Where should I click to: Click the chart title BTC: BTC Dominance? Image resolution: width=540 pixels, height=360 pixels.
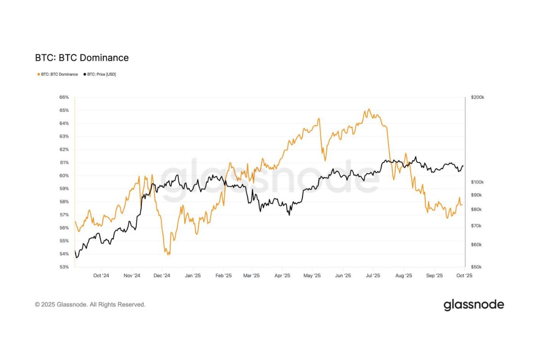[82, 58]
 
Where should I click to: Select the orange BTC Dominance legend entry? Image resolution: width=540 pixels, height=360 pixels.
[57, 74]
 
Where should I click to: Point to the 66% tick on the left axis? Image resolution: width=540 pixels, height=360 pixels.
[64, 97]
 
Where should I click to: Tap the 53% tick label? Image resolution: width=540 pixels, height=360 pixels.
[64, 267]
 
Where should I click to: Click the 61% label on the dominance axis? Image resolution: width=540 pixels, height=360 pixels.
[64, 162]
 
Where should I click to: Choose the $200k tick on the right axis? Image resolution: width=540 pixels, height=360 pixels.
[477, 97]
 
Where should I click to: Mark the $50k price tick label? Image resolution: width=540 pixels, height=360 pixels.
[476, 267]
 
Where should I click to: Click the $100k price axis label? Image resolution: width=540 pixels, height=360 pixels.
[477, 182]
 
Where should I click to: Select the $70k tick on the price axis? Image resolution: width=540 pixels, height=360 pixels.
[476, 225]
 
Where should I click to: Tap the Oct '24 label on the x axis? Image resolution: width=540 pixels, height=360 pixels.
[101, 275]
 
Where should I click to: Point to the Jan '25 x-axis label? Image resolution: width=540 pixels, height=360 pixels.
[193, 275]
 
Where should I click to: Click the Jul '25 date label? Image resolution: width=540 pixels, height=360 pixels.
[373, 275]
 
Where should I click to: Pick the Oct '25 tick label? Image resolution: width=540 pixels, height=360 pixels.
[464, 275]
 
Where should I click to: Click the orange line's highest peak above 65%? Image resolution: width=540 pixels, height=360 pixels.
[369, 109]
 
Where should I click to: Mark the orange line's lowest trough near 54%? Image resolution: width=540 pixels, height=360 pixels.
[169, 255]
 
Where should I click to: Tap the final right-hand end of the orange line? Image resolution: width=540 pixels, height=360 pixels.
[462, 205]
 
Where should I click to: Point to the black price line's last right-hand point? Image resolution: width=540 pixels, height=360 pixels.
[463, 166]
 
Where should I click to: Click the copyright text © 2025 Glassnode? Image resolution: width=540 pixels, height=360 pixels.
[90, 305]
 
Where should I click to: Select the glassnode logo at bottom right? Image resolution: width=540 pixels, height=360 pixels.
[474, 305]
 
